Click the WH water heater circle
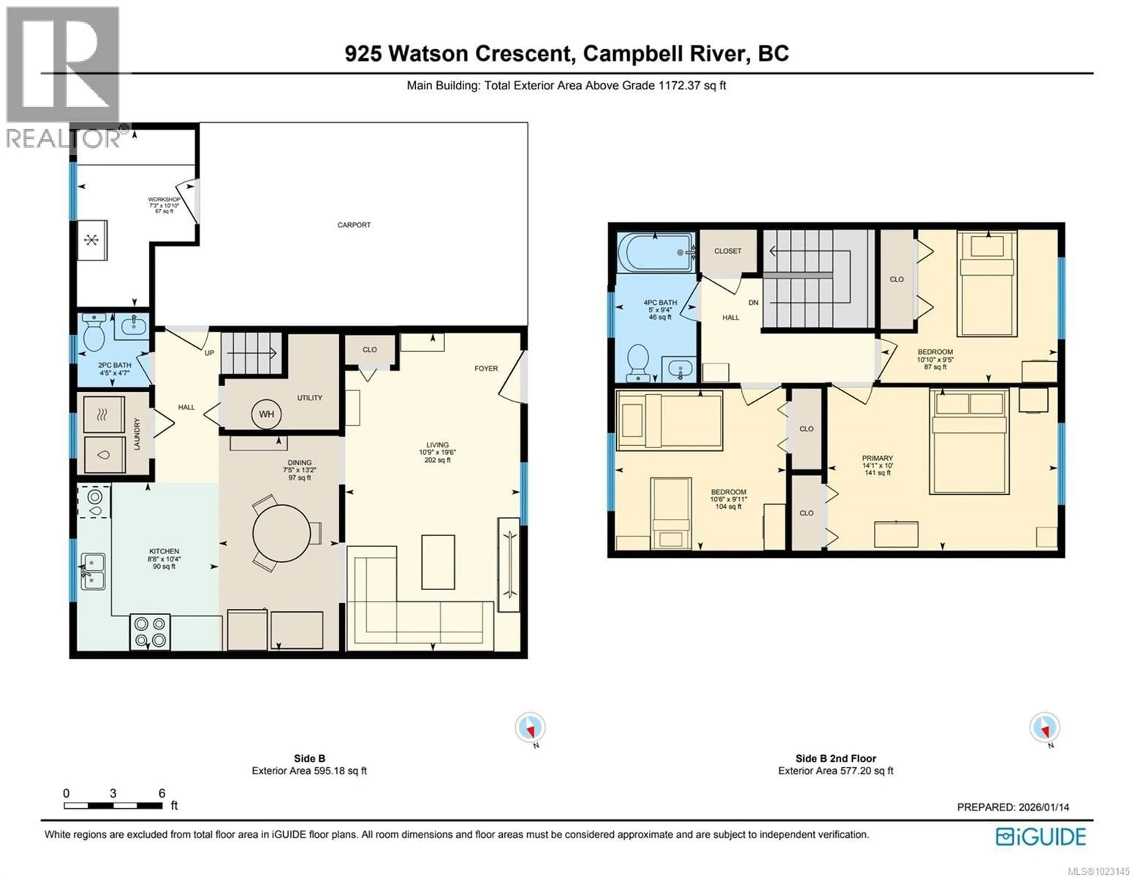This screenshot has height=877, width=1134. click(x=266, y=414)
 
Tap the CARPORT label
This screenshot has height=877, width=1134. click(x=354, y=225)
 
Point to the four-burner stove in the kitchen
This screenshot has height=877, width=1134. click(x=150, y=632)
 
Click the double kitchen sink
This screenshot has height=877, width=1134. click(x=93, y=571)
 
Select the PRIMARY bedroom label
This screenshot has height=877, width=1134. click(x=877, y=458)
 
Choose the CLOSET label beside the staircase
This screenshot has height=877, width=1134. click(x=727, y=251)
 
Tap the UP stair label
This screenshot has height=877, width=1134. click(x=209, y=353)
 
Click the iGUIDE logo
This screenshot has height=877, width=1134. click(x=1041, y=837)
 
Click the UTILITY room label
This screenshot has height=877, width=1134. click(x=309, y=398)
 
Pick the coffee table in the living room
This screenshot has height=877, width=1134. click(x=438, y=562)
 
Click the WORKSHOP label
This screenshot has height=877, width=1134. click(x=164, y=199)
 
